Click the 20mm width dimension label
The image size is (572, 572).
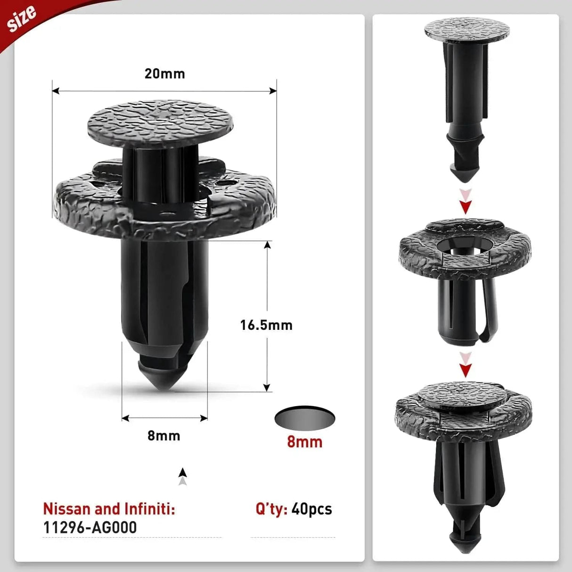pyautogui.click(x=164, y=74)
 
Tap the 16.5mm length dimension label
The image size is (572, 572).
pyautogui.click(x=266, y=325)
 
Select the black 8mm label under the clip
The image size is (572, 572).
pyautogui.click(x=163, y=435)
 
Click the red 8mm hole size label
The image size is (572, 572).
pyautogui.click(x=304, y=442)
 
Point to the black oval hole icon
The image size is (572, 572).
pyautogui.click(x=304, y=417)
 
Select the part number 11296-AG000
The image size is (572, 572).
pyautogui.click(x=90, y=527)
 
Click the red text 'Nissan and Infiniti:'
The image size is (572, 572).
pyautogui.click(x=109, y=509)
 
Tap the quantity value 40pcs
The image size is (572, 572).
pyautogui.click(x=312, y=509)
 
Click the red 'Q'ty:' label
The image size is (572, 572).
pyautogui.click(x=271, y=509)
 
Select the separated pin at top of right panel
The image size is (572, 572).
pyautogui.click(x=466, y=94)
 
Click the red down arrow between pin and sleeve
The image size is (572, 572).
pyautogui.click(x=466, y=206)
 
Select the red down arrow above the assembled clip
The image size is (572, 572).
pyautogui.click(x=466, y=370)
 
